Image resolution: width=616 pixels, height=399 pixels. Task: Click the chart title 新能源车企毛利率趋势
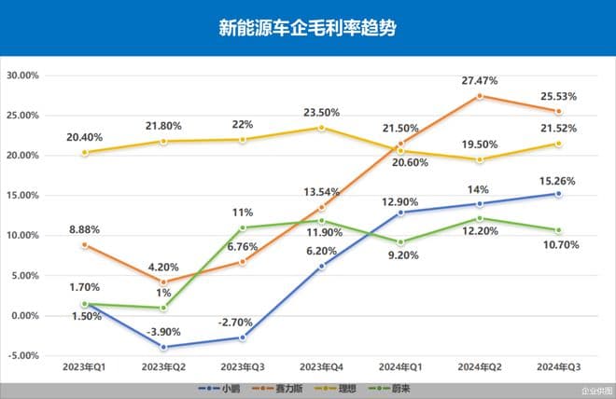point(307,28)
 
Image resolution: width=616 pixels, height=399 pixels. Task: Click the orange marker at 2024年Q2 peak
point(480,96)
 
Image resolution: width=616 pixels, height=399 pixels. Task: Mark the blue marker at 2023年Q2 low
point(164,347)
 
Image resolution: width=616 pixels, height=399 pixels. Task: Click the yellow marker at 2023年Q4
point(321,128)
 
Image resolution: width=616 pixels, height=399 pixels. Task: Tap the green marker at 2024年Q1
point(400,242)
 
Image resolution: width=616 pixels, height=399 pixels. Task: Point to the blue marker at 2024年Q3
point(558,194)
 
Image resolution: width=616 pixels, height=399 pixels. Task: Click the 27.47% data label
point(479,81)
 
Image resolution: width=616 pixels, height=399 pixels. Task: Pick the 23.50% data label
point(321,112)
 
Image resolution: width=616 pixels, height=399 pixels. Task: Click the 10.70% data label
point(558,244)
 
